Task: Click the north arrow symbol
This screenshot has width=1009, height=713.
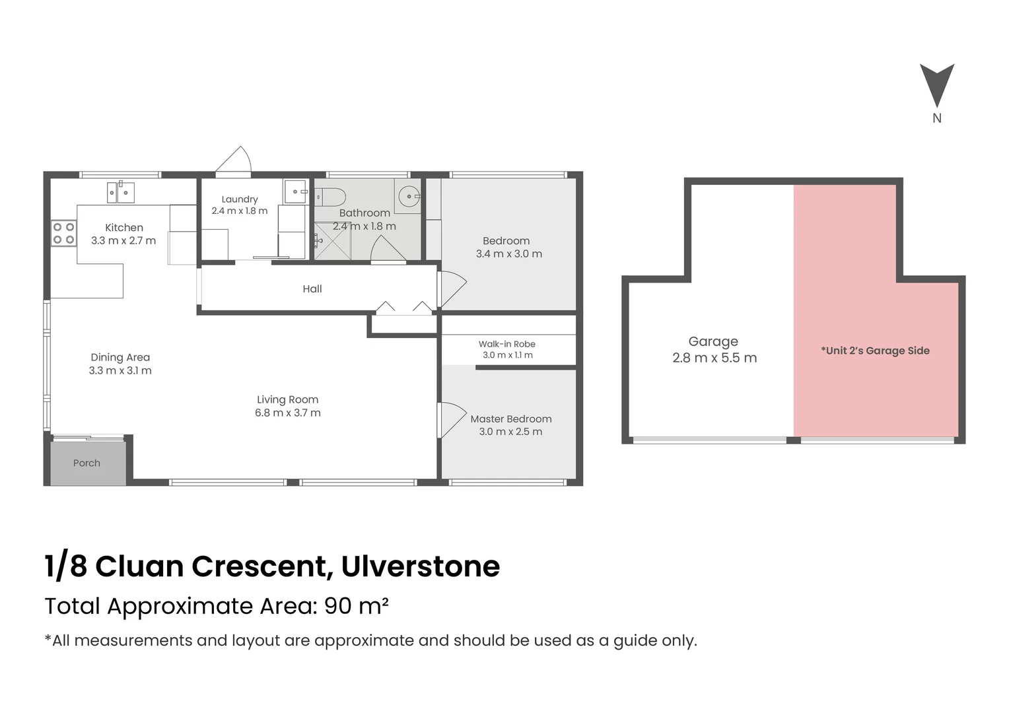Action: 936,85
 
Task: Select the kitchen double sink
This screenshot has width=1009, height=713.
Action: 121,192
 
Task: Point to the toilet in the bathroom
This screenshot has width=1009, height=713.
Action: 331,197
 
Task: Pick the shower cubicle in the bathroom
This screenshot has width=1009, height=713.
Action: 332,242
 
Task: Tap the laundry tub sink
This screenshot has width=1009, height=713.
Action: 295,191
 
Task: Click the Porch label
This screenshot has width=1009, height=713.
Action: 87,463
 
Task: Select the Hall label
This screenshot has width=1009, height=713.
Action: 312,289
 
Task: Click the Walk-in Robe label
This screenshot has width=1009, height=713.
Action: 507,344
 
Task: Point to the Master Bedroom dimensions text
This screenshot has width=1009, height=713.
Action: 510,432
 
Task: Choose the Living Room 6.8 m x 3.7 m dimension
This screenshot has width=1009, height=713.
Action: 288,413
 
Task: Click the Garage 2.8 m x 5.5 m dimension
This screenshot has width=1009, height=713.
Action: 714,358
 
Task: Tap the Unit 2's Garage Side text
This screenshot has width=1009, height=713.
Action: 875,351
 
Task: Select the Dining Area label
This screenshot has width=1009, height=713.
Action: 120,358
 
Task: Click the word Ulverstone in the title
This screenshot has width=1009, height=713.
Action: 421,566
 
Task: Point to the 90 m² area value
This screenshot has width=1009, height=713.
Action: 356,606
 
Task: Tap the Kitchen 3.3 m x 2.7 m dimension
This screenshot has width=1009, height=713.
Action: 123,241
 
